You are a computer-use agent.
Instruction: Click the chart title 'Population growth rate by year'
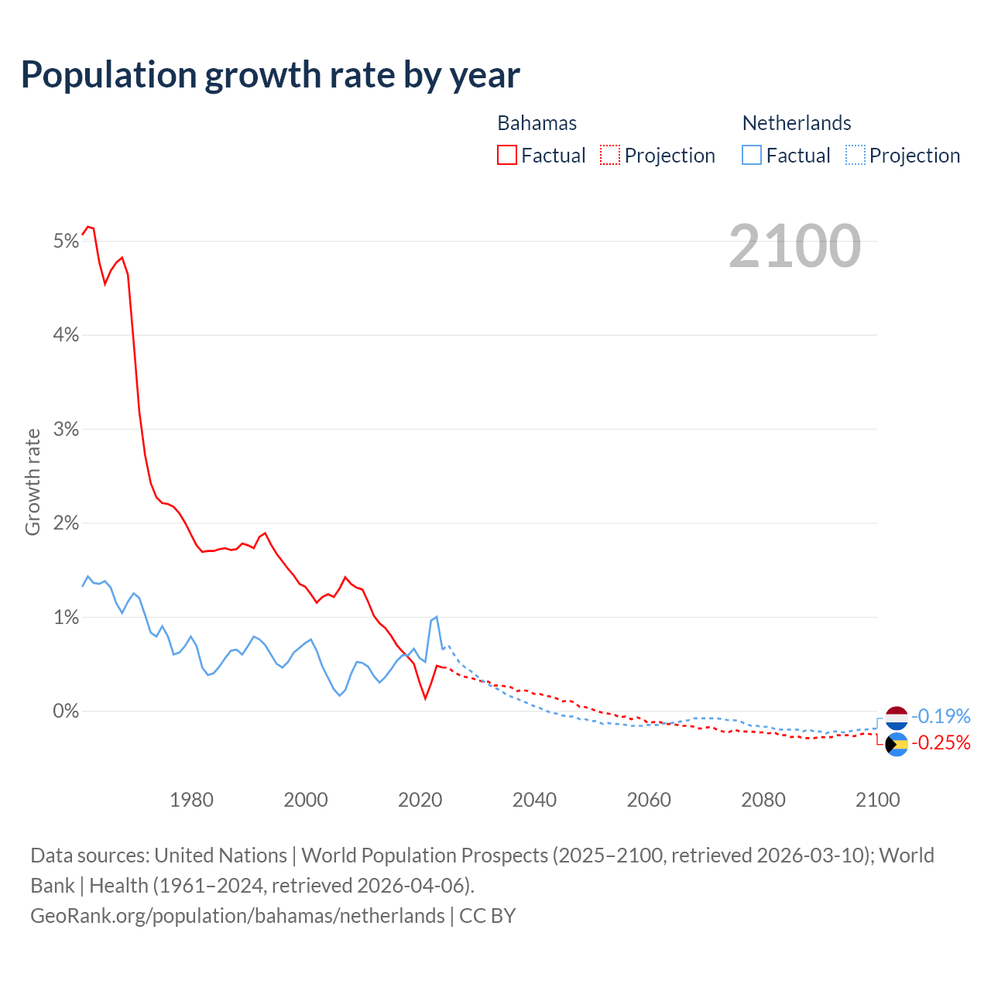(x=270, y=75)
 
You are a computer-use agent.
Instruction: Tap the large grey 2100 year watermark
(x=794, y=246)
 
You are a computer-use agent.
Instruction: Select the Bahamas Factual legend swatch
(x=507, y=155)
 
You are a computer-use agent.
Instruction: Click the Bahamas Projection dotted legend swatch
(x=610, y=155)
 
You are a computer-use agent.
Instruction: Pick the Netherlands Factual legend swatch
(x=752, y=155)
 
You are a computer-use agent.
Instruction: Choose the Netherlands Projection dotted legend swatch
(x=855, y=155)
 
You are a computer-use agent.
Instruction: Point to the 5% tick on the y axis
(x=67, y=242)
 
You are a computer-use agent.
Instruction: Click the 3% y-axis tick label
(x=67, y=430)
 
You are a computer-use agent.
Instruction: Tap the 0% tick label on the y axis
(x=67, y=711)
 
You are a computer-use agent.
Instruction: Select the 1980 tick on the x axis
(x=191, y=800)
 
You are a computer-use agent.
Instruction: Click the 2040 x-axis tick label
(x=534, y=800)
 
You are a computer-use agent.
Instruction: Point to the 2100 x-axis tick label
(x=877, y=800)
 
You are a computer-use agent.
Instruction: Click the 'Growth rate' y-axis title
(x=33, y=482)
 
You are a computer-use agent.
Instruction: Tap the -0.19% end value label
(x=941, y=716)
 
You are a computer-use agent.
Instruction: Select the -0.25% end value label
(x=941, y=743)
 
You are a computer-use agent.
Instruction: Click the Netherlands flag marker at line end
(x=897, y=717)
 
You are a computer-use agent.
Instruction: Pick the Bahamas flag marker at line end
(x=897, y=745)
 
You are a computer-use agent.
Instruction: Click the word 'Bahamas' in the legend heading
(x=537, y=123)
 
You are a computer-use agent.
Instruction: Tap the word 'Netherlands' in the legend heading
(x=797, y=123)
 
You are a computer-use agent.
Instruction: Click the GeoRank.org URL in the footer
(x=238, y=916)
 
